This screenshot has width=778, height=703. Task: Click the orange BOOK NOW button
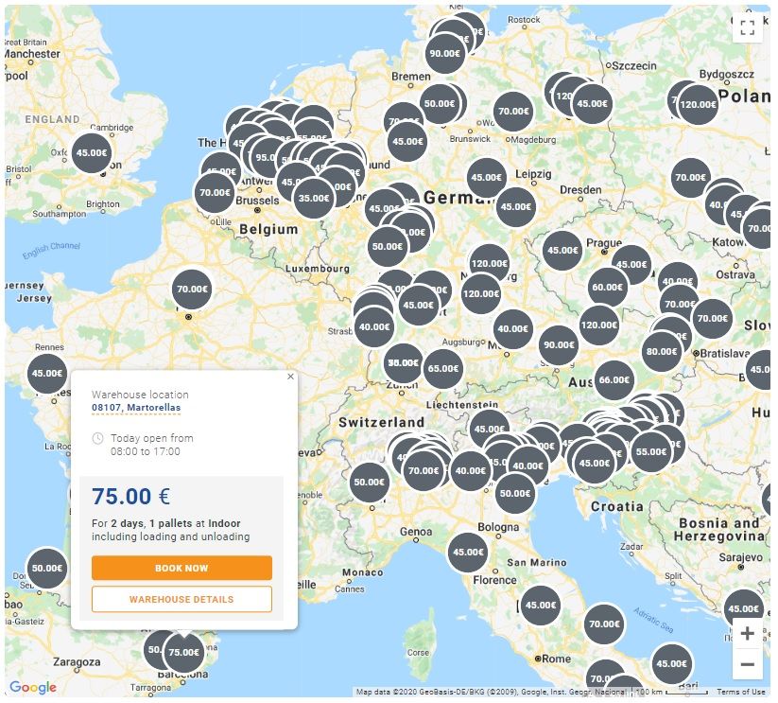(x=182, y=568)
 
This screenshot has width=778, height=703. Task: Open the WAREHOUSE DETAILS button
(x=182, y=599)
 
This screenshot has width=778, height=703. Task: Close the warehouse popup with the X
(x=290, y=376)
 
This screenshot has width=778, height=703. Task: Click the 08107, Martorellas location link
(x=136, y=408)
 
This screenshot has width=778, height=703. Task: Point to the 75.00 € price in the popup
(x=130, y=497)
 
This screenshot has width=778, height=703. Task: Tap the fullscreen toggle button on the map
(x=747, y=26)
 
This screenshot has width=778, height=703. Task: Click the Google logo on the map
(x=33, y=688)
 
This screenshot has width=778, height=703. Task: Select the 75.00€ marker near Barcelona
(x=183, y=652)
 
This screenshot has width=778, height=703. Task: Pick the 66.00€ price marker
(x=614, y=379)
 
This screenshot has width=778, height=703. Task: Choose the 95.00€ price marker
(x=266, y=158)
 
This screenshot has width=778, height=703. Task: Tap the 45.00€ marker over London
(x=92, y=152)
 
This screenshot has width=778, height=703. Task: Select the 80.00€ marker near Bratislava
(x=661, y=351)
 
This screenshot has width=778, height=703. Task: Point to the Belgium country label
(x=268, y=229)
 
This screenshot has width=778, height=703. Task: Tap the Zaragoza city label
(x=77, y=661)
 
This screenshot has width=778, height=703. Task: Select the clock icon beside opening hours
(x=97, y=439)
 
